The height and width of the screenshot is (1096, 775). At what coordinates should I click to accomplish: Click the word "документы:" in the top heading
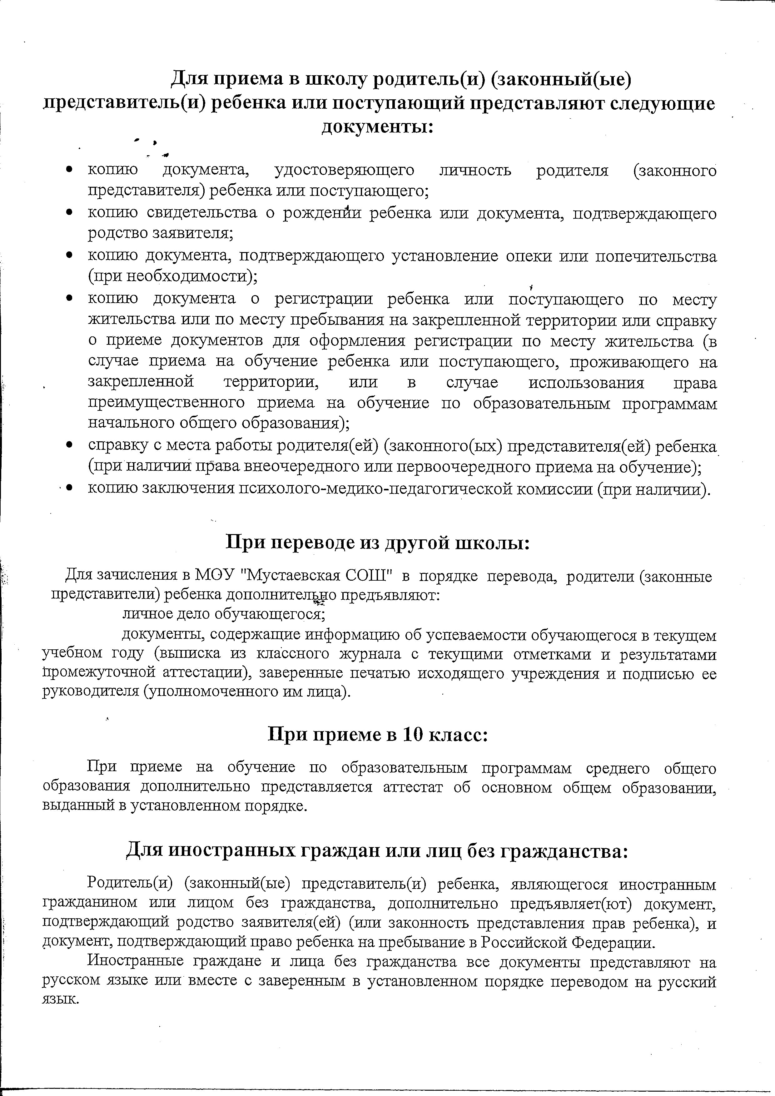(x=377, y=127)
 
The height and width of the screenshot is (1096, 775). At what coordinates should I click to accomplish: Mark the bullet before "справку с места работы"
(x=70, y=445)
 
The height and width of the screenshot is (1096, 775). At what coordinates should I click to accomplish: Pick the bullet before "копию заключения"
(x=70, y=488)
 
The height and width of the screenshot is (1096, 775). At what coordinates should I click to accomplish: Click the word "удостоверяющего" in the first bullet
(x=344, y=171)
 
